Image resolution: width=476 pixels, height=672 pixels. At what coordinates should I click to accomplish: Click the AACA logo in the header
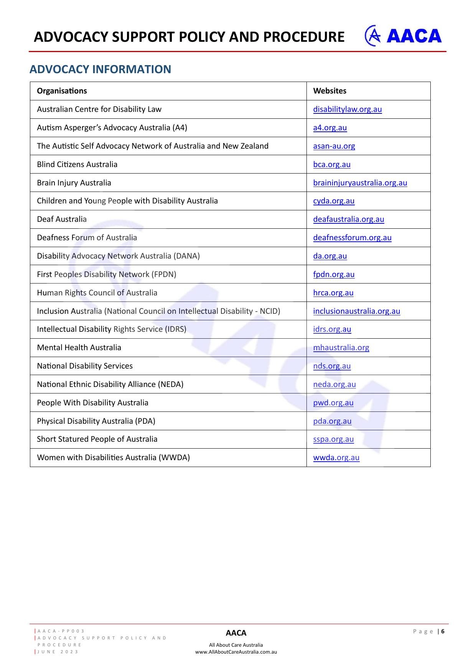coord(403,36)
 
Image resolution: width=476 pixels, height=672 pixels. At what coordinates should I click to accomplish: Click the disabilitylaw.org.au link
coord(347,109)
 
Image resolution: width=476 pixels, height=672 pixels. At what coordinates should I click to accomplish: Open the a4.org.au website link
coord(330,128)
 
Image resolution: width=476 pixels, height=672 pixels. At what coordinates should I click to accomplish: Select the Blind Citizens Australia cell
coord(77,164)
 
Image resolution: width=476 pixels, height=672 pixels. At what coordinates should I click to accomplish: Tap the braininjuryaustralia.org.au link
coord(360,183)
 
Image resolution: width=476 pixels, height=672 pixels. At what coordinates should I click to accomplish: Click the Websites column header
coord(329,91)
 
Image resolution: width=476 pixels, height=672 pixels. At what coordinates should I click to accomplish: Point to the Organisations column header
coord(62,91)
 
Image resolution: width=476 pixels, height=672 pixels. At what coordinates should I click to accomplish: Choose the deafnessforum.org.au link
coord(352,238)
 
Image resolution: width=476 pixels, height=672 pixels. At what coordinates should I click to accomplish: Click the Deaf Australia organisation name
coord(62,219)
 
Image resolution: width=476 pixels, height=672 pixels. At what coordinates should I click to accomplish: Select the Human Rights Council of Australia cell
coord(97,293)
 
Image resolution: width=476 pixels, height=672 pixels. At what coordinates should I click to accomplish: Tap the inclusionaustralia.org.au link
coord(356,311)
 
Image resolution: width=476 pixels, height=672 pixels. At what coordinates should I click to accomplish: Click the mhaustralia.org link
coord(341,347)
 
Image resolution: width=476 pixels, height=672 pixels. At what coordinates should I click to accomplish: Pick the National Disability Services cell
coord(85,366)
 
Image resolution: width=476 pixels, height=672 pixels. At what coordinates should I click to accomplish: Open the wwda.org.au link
coord(336,457)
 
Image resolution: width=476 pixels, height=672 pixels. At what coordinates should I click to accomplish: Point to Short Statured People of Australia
coord(97,439)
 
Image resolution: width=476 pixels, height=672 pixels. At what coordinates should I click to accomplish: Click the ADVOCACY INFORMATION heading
coord(100,69)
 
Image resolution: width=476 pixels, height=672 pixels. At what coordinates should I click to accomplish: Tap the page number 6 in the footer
coord(443,631)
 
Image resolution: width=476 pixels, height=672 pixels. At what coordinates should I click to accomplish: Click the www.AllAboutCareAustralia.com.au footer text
coord(236,652)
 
